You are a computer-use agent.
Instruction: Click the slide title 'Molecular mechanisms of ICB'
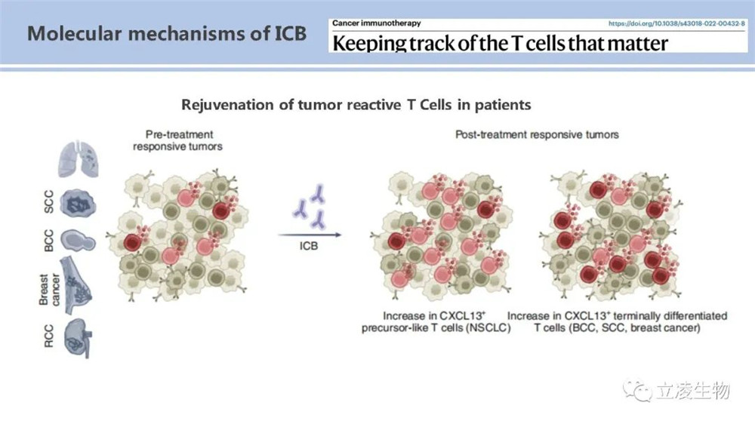click(167, 33)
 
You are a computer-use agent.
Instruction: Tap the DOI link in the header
click(676, 23)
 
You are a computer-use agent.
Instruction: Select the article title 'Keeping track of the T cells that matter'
click(501, 43)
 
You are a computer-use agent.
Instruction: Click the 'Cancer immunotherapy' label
click(377, 23)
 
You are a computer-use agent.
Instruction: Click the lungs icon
click(78, 159)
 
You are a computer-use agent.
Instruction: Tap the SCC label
click(48, 201)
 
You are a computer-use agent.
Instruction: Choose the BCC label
click(48, 240)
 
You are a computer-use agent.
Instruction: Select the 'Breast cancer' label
click(49, 290)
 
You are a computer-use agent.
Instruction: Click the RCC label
click(48, 336)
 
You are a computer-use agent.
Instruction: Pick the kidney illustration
click(78, 338)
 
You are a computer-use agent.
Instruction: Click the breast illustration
click(76, 285)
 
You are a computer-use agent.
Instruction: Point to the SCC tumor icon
click(78, 203)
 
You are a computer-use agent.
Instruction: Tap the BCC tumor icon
click(78, 240)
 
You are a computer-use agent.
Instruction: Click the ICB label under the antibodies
click(309, 246)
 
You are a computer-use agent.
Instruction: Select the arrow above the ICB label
click(310, 235)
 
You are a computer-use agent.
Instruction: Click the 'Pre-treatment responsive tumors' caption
click(178, 140)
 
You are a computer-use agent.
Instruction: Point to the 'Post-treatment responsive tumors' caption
click(537, 135)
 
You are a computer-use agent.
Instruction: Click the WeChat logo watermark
click(637, 390)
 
